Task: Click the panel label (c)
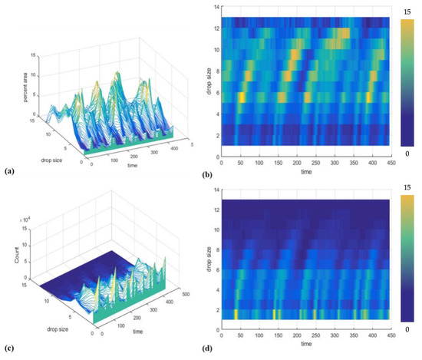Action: pos(9,349)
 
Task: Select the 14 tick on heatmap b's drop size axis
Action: pos(216,7)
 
